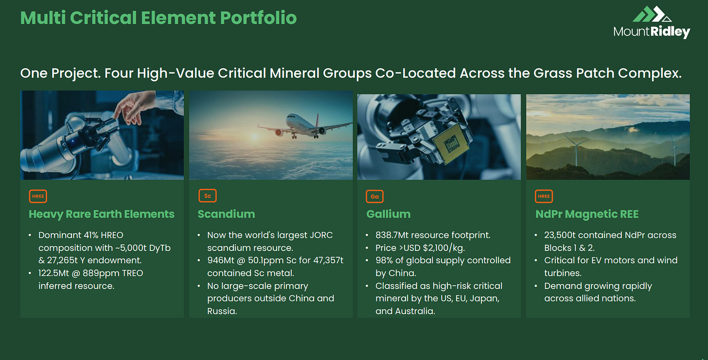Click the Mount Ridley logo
tap(652, 22)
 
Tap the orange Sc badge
tap(207, 196)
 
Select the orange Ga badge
tap(374, 197)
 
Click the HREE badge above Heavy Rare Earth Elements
tap(38, 196)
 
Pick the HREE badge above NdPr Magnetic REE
tap(544, 196)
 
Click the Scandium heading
tap(226, 214)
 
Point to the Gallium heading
tap(389, 214)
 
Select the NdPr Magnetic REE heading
tap(587, 214)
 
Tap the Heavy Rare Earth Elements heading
tap(102, 214)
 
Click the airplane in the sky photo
tap(303, 126)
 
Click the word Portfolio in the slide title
tap(258, 18)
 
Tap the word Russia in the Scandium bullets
tap(222, 311)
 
